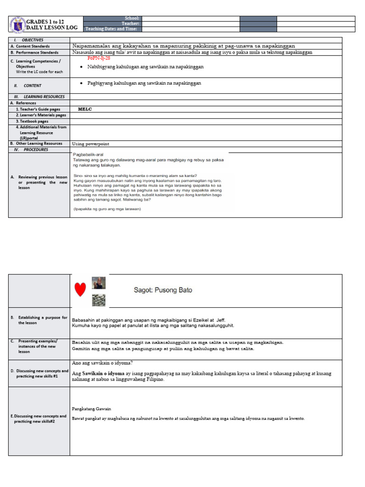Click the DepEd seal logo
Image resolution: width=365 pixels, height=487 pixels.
tap(17, 24)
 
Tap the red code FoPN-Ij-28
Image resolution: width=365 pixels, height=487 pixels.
tap(99, 58)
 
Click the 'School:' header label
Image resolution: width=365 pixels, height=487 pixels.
tap(132, 18)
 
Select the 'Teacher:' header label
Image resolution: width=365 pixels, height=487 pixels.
tap(130, 23)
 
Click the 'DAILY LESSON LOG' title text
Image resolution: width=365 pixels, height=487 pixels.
tap(51, 28)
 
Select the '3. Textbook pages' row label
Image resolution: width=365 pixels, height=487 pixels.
tap(32, 121)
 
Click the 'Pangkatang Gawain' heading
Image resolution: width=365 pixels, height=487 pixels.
tap(91, 409)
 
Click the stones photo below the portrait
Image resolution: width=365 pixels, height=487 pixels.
tap(98, 300)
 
